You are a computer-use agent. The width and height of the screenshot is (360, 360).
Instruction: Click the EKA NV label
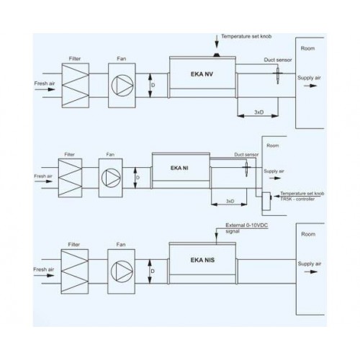click(202, 74)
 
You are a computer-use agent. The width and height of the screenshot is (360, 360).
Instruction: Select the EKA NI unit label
click(179, 168)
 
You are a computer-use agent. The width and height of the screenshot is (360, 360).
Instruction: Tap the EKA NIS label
click(202, 260)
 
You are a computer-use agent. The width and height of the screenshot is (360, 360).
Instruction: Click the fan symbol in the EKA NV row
click(122, 86)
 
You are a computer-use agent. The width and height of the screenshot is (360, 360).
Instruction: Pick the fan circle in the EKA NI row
click(111, 178)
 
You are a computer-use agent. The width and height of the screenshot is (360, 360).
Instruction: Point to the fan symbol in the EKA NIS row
click(122, 271)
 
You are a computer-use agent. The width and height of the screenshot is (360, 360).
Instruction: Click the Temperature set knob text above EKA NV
click(246, 37)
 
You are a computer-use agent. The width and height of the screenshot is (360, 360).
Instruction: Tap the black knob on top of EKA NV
click(217, 55)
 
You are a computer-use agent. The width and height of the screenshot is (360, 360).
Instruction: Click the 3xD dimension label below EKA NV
click(258, 112)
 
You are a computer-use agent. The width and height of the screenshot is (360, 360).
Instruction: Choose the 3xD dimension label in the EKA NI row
click(230, 201)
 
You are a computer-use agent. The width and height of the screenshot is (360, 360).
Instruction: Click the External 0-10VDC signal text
click(246, 228)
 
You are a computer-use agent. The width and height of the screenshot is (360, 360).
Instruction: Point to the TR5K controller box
click(266, 202)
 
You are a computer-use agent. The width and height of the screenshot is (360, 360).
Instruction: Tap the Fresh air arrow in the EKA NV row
click(45, 89)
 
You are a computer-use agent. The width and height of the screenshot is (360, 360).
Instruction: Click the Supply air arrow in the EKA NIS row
click(311, 272)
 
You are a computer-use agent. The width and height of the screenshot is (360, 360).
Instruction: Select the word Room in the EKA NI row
click(273, 145)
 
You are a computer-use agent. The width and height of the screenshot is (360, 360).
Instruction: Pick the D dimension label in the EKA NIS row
click(153, 271)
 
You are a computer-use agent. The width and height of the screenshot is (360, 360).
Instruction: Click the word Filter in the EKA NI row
click(69, 154)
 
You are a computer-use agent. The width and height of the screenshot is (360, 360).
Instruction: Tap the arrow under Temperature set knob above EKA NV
click(217, 42)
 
